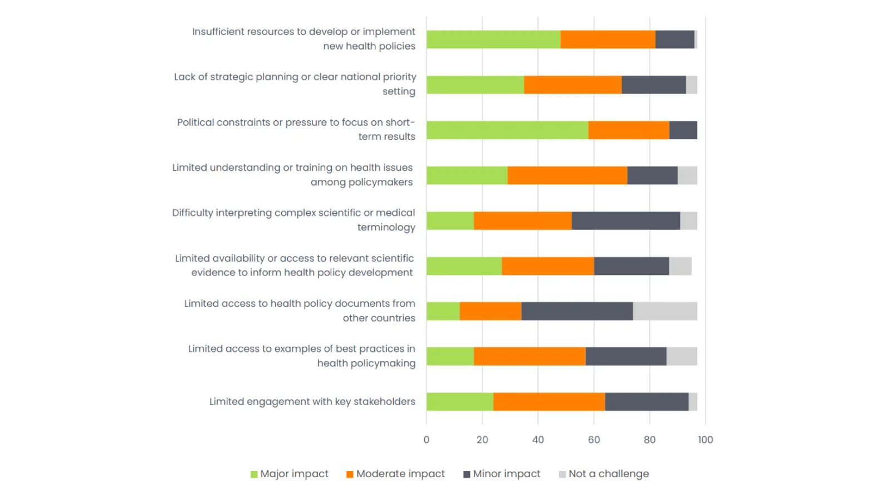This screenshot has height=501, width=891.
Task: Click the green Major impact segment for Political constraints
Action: (507, 130)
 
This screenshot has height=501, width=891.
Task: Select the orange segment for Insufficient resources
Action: (608, 40)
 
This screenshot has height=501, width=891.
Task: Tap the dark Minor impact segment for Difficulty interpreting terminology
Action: (625, 221)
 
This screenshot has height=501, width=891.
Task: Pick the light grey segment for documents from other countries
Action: (665, 311)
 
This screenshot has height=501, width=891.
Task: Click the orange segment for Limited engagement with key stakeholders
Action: (549, 402)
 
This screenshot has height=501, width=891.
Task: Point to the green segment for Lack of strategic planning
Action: (475, 85)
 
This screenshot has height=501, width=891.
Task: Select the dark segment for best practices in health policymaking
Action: (625, 357)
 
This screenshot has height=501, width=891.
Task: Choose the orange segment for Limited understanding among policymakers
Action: (567, 175)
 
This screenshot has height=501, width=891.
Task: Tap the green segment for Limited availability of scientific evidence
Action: (464, 266)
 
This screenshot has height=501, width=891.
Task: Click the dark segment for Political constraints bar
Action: (683, 130)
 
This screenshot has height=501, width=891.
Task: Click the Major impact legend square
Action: (254, 474)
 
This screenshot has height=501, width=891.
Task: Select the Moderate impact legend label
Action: (400, 474)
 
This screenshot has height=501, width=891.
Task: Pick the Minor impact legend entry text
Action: (506, 474)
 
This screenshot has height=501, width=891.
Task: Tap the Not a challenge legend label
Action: (609, 474)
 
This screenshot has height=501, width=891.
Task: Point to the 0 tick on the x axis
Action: (427, 440)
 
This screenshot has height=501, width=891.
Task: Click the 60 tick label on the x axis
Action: (594, 440)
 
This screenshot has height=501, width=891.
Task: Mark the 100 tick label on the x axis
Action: (705, 440)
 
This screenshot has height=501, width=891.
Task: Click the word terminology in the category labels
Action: (386, 228)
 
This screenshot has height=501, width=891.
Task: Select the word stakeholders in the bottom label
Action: (384, 402)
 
